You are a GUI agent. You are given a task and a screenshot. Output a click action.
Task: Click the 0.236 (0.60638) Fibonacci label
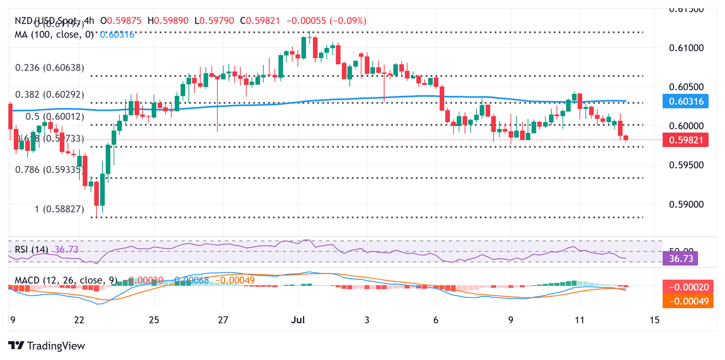click(50, 68)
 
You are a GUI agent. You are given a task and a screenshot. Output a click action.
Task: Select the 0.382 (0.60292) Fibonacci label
click(50, 95)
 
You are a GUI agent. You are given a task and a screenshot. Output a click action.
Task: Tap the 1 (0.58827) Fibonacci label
click(59, 209)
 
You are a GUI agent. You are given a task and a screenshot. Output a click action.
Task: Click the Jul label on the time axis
click(298, 320)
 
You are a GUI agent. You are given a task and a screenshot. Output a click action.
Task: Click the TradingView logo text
click(56, 346)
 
